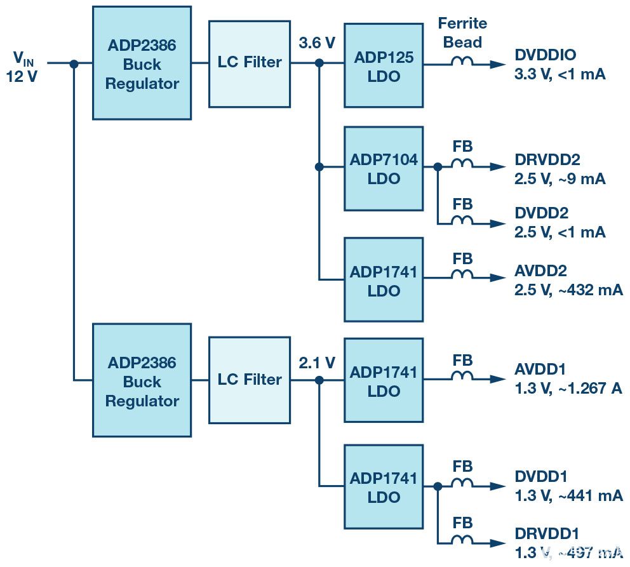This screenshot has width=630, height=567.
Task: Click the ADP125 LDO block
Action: tap(384, 66)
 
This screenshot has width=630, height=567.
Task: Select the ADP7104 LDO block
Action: tap(384, 168)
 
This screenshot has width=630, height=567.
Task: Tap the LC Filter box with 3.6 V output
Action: tap(249, 62)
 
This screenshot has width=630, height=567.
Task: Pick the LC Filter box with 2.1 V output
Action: tap(249, 380)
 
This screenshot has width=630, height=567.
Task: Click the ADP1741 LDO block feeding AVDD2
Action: tap(384, 279)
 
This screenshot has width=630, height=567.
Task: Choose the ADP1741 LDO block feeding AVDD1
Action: tap(384, 380)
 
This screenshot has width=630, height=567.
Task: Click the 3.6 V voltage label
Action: tap(317, 43)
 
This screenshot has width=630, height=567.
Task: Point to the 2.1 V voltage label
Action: tap(317, 363)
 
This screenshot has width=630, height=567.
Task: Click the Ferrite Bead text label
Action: tap(462, 33)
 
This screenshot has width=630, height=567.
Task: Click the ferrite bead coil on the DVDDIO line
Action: tap(462, 63)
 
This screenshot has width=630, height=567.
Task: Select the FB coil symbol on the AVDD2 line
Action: tap(462, 277)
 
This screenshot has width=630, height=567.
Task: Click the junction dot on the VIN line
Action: tap(74, 63)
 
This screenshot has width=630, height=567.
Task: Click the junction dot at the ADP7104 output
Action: tap(438, 167)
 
